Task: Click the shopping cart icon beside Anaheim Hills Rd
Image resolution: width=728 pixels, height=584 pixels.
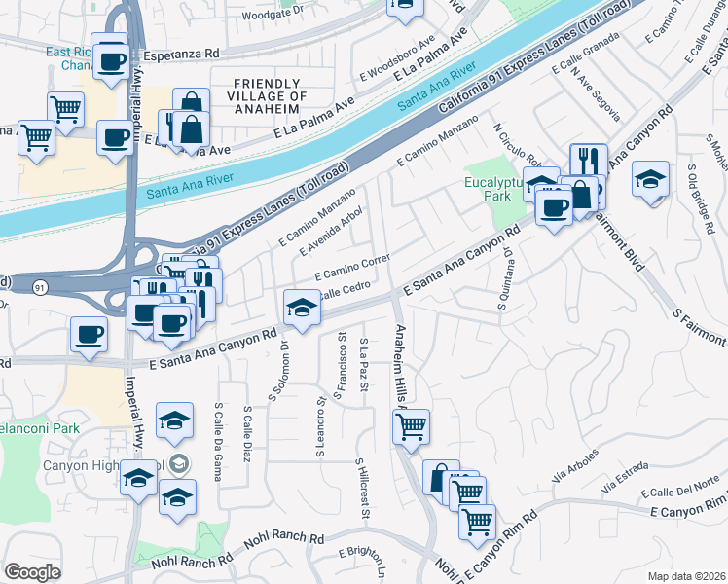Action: point(412,424)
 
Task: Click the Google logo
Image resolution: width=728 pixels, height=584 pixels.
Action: point(32,572)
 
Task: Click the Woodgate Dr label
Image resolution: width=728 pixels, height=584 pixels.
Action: point(273,15)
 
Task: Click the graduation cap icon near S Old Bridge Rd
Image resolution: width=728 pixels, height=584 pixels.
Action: point(650,179)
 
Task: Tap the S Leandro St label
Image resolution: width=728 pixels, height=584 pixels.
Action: point(319,425)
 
